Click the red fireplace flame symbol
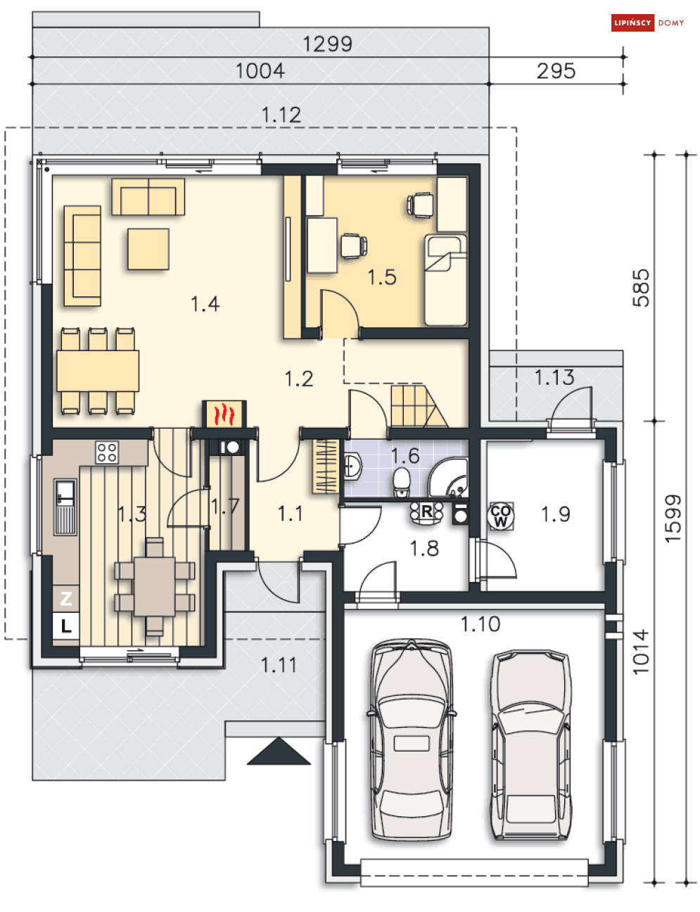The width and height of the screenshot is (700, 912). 224,414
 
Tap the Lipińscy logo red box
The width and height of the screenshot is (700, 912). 632,23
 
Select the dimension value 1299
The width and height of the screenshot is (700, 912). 327,44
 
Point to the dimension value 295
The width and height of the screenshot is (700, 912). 556,71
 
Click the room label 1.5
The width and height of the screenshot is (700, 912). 382,277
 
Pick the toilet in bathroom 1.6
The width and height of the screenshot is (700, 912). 402,482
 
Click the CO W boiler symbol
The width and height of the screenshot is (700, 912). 501,515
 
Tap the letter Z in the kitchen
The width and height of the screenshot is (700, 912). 66,598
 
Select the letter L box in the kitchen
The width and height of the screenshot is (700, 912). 66,626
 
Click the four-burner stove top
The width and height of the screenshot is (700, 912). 106,452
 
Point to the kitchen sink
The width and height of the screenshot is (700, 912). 65,507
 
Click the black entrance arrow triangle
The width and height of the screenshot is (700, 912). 279,751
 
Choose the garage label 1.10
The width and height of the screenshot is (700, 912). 481,624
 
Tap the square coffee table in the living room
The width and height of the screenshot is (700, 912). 148,249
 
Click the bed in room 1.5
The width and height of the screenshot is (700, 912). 445,280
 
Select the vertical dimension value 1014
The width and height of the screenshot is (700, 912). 641,652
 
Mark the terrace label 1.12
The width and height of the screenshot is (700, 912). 281,115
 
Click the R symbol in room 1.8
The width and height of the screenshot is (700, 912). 426,512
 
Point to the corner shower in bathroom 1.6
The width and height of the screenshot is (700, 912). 448,478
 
